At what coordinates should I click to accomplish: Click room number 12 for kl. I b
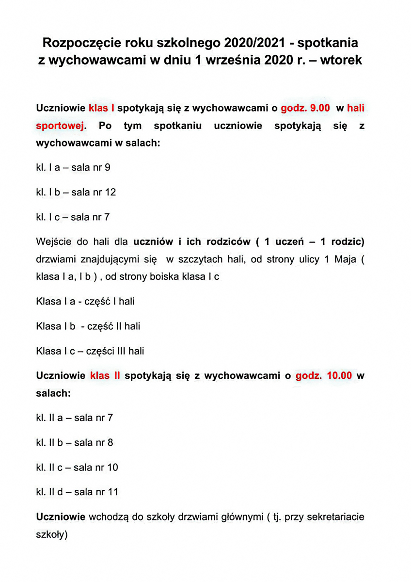pyautogui.click(x=111, y=192)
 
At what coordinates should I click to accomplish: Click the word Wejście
pyautogui.click(x=53, y=241)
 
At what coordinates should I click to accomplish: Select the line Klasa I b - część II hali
pyautogui.click(x=88, y=326)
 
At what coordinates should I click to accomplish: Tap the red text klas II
pyautogui.click(x=105, y=375)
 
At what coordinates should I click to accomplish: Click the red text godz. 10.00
pyautogui.click(x=324, y=375)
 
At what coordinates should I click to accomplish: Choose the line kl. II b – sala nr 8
pyautogui.click(x=75, y=442)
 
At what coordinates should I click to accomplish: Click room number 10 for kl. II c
pyautogui.click(x=112, y=467)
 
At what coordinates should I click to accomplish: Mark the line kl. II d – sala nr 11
pyautogui.click(x=78, y=492)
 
